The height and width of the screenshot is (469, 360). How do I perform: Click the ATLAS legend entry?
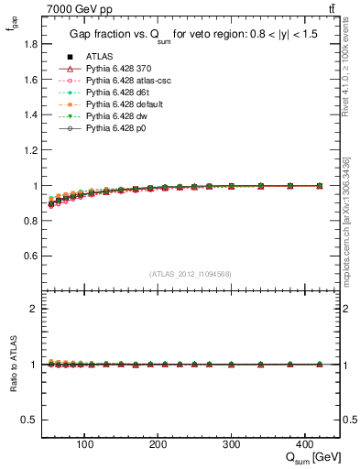tap(98, 56)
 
